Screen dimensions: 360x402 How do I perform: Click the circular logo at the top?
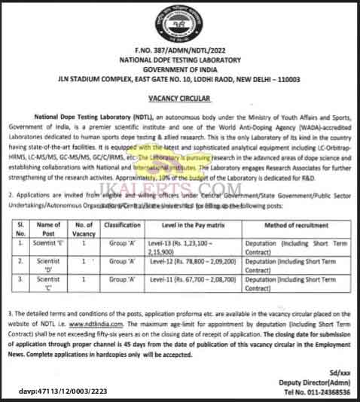[179, 24]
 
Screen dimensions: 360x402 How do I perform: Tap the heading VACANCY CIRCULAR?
[180, 98]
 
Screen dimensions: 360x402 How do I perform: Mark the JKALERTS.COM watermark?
[180, 139]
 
